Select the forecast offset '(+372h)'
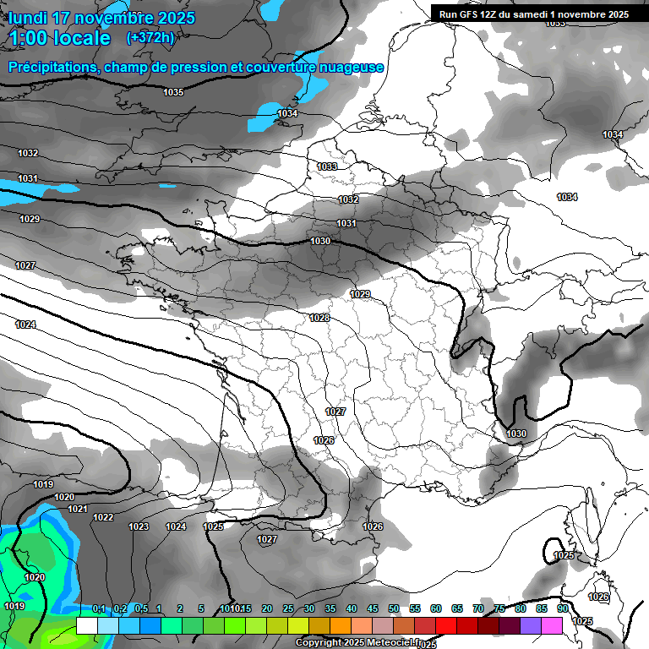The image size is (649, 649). click(150, 38)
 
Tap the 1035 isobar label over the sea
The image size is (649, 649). click(173, 92)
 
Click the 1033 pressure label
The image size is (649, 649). click(327, 166)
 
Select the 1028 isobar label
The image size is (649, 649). click(319, 318)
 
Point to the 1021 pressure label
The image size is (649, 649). click(78, 509)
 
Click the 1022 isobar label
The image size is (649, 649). click(103, 517)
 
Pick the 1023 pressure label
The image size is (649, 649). click(139, 526)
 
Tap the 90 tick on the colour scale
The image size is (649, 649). click(562, 609)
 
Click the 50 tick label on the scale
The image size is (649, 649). click(394, 609)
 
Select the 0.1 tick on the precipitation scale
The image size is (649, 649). click(99, 609)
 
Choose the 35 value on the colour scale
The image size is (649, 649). click(330, 609)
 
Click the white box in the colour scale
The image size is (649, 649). click(86, 625)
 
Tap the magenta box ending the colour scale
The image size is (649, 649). click(552, 625)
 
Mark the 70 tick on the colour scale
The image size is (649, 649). click(478, 609)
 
